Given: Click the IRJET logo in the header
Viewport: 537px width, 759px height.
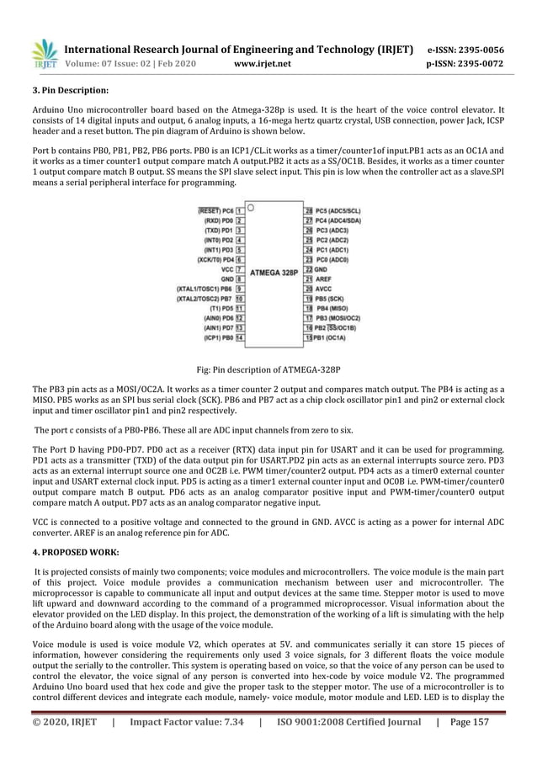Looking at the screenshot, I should pos(44,52).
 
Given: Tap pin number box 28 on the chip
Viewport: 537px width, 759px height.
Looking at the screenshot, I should pos(309,210).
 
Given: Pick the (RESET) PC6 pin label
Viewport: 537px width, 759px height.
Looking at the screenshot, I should pos(215,210).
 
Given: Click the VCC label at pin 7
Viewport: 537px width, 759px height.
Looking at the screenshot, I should pos(225,269).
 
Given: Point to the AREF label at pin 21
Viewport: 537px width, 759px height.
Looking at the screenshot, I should pos(325,279).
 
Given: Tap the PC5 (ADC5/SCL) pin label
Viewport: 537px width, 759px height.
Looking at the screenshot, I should pos(343,210).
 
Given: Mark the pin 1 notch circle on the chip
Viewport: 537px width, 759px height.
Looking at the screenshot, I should pos(251,207).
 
